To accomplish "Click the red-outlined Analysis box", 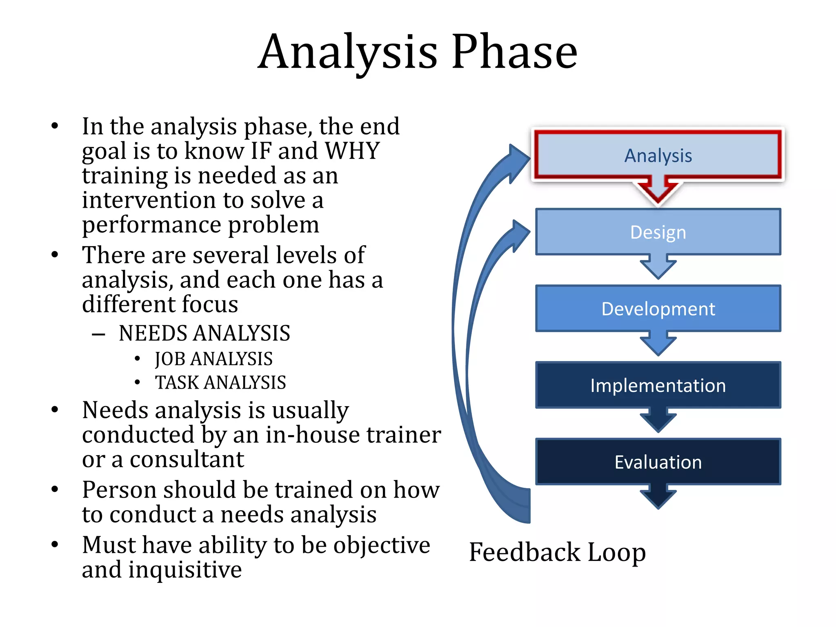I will point(658,156).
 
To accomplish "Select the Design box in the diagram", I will point(658,232).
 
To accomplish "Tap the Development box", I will point(658,309).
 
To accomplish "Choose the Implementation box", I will point(658,385).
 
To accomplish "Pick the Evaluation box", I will point(658,462).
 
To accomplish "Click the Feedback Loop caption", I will point(557,552).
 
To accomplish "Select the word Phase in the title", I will point(514,52).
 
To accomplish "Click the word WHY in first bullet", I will point(353,151).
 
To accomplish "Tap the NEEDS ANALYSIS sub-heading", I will point(204,333).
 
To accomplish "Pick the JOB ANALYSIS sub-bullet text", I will point(213,359).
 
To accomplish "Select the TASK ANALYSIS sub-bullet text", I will point(220,382).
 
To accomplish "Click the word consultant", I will point(187,459).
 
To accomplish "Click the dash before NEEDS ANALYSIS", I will point(98,335).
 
